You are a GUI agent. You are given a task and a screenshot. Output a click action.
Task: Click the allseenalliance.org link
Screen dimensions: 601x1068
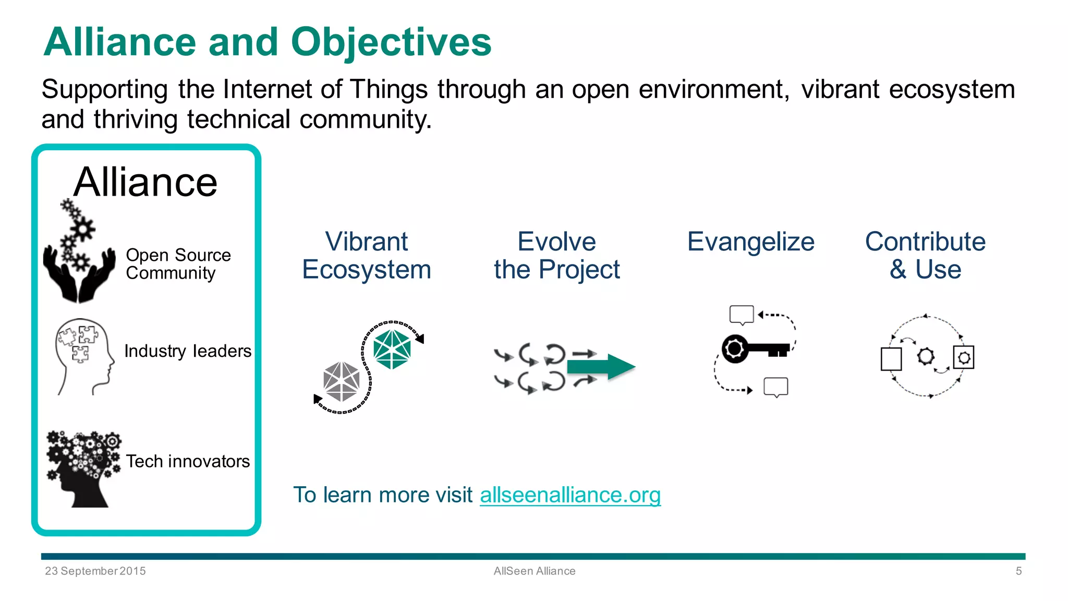570,495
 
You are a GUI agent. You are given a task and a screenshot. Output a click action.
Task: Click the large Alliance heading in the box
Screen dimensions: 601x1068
145,182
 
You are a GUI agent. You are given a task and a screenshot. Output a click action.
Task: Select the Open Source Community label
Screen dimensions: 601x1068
178,264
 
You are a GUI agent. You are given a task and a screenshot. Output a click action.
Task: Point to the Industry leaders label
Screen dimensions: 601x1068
188,351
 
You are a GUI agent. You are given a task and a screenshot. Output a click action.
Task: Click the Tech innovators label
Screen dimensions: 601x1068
188,461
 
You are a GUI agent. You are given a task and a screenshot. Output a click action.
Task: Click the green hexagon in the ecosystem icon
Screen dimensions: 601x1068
392,348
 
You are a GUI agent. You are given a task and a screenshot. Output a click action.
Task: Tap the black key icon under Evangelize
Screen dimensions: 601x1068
754,348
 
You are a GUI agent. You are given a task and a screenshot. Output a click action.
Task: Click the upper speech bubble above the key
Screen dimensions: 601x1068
742,315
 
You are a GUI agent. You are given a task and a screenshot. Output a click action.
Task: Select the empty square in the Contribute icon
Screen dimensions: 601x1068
891,359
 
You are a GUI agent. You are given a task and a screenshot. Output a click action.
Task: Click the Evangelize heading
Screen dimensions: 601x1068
750,242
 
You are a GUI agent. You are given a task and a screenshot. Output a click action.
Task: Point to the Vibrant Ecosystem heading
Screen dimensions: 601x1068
367,256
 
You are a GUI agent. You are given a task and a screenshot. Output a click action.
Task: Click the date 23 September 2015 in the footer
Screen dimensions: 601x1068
95,571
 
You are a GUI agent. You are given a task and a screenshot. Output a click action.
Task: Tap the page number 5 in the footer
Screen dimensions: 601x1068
1018,571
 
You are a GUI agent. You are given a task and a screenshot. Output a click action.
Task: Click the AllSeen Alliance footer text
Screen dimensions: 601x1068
535,571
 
